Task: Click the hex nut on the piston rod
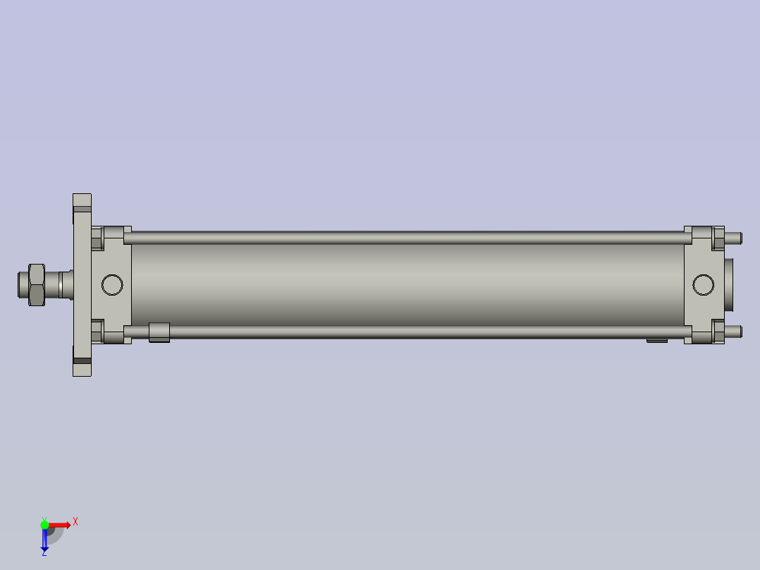[x=37, y=284]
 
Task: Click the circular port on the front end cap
[x=112, y=285]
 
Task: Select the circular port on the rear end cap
[x=703, y=285]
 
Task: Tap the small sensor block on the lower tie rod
[x=159, y=332]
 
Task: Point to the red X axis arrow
[x=60, y=524]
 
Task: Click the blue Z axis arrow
[x=44, y=540]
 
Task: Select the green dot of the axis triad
[x=44, y=524]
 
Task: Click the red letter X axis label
[x=75, y=521]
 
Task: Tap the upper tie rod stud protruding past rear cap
[x=733, y=238]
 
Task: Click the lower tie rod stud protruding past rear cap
[x=733, y=332]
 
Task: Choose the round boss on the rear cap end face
[x=728, y=285]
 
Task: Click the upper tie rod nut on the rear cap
[x=718, y=238]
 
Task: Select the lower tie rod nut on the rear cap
[x=718, y=332]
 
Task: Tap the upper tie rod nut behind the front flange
[x=97, y=238]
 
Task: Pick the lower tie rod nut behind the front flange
[x=97, y=332]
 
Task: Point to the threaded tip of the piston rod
[x=22, y=284]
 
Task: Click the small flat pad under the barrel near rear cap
[x=657, y=341]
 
